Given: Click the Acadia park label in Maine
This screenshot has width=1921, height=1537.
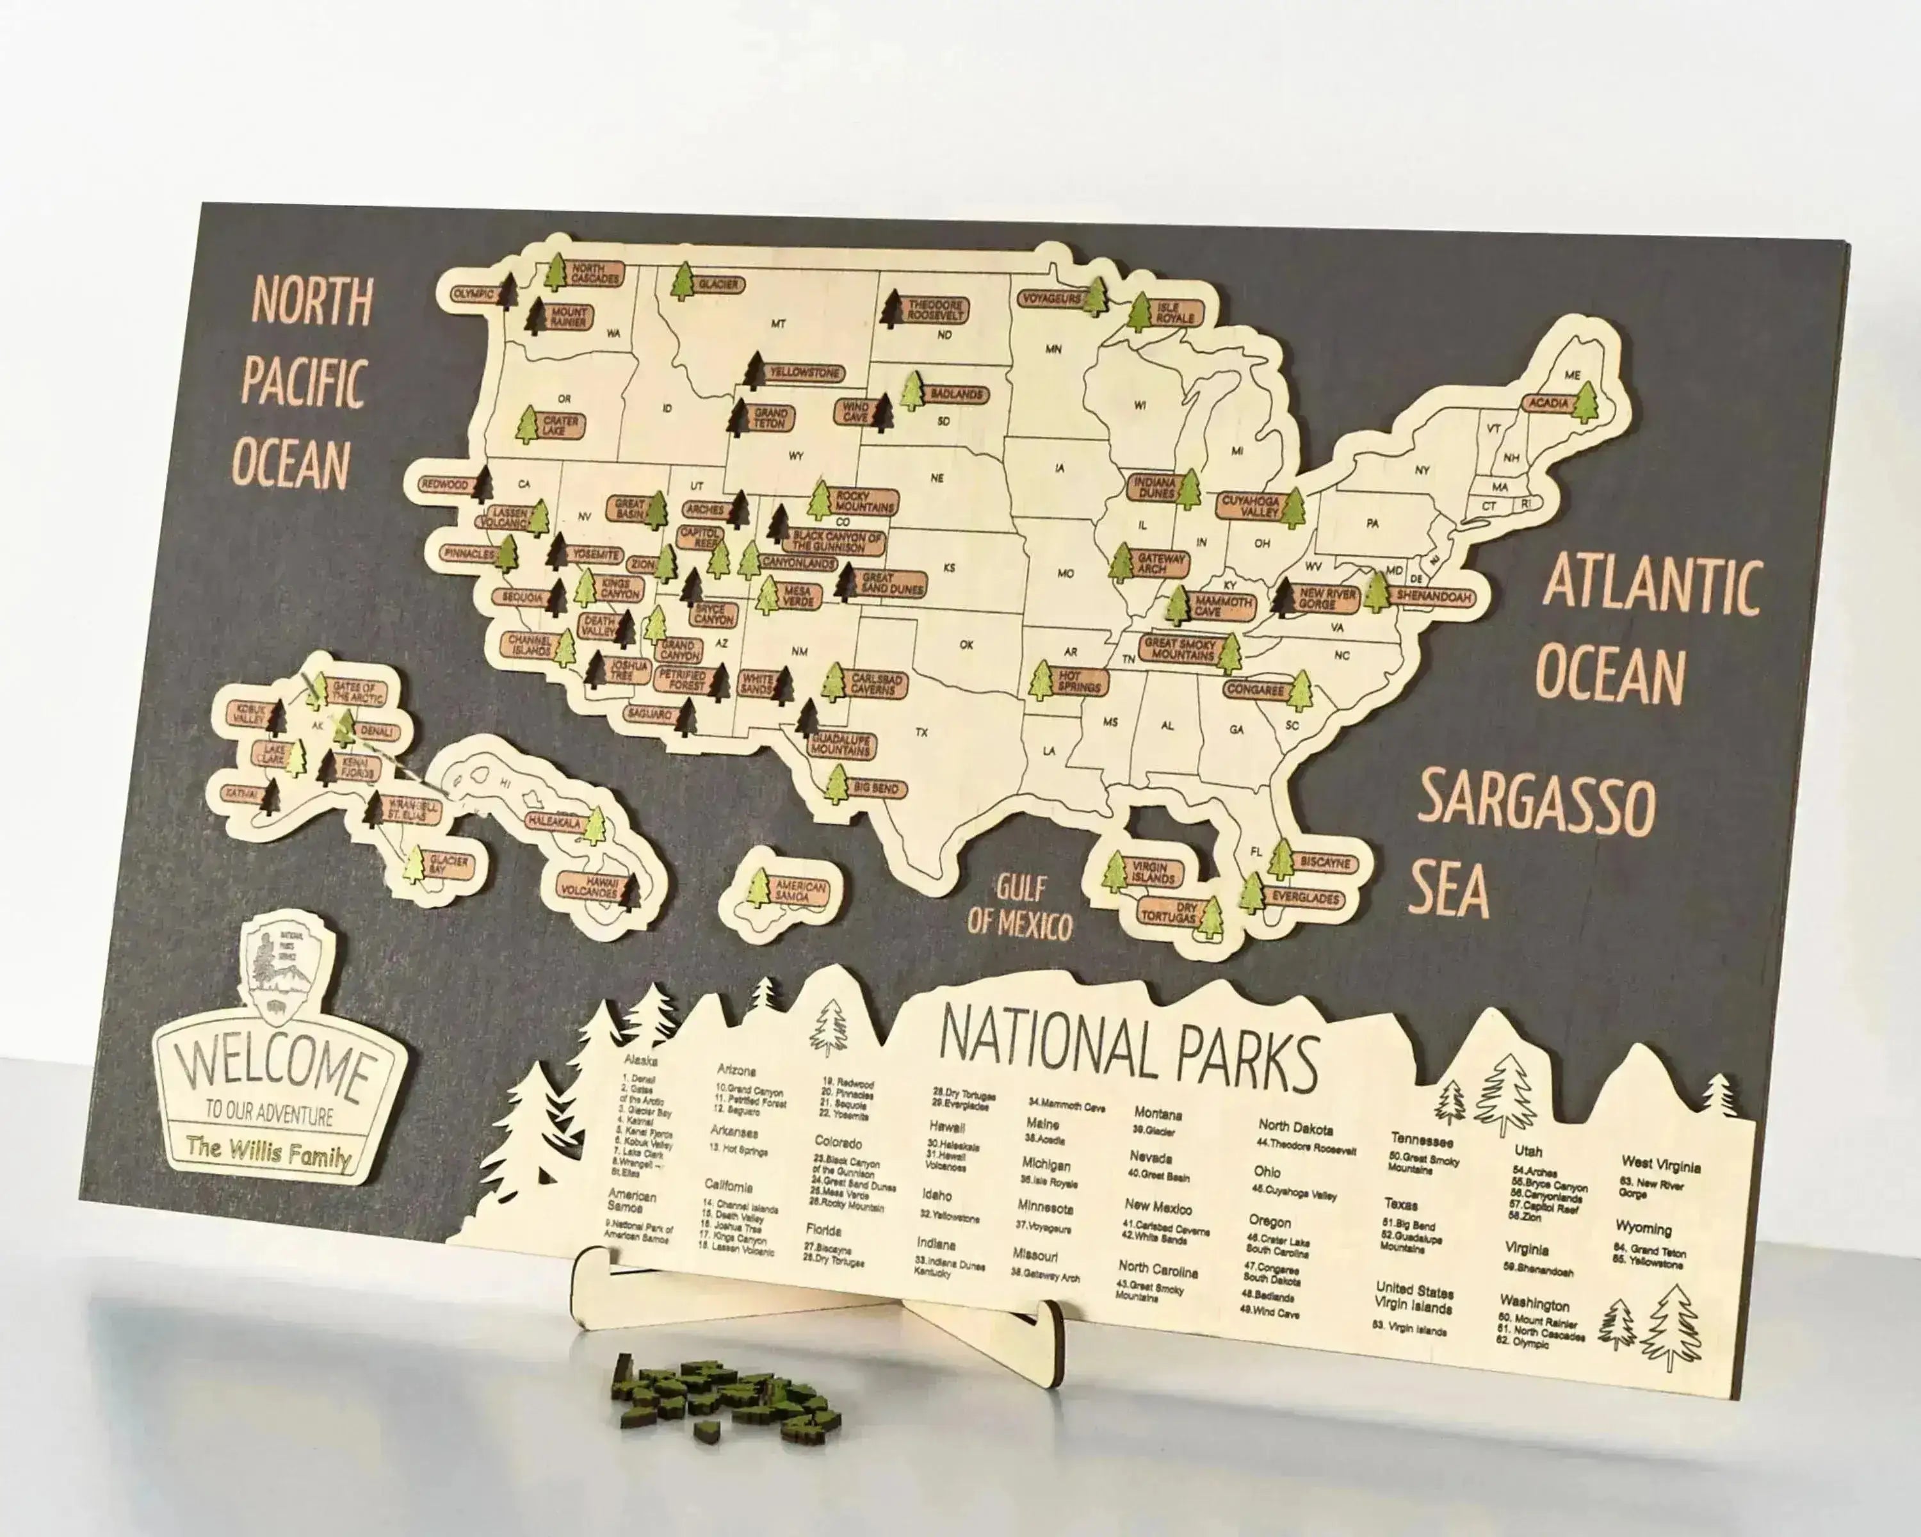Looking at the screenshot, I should tap(1548, 403).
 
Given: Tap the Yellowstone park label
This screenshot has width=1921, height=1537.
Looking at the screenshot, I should tap(804, 373).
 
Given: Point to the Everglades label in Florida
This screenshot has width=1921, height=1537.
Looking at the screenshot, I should tap(1305, 898).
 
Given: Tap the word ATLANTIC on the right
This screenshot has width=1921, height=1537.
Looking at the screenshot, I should tap(1651, 583).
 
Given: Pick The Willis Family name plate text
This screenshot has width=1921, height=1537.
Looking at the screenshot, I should tap(268, 1152).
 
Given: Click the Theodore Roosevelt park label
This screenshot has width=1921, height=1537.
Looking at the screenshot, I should tap(936, 310).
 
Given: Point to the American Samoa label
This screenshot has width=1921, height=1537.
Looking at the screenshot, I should tap(799, 891).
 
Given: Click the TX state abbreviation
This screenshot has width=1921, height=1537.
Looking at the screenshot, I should tap(921, 733).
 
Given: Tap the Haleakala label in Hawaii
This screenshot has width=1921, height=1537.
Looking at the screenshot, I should tap(554, 820).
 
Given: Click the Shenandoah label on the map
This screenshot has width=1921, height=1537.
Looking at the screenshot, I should tap(1432, 596).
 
